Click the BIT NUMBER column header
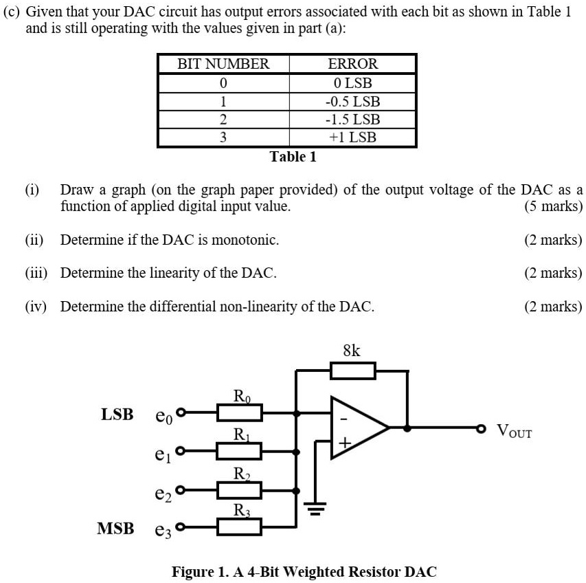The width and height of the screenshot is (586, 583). pyautogui.click(x=223, y=65)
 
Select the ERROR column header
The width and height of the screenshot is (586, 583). pyautogui.click(x=352, y=65)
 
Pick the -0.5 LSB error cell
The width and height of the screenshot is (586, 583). pyautogui.click(x=352, y=101)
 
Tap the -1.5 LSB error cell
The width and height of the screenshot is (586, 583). pyautogui.click(x=352, y=119)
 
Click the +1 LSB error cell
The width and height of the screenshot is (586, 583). pyautogui.click(x=352, y=137)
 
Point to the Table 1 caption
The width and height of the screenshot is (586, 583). pyautogui.click(x=293, y=157)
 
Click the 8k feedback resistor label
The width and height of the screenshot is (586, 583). pyautogui.click(x=351, y=351)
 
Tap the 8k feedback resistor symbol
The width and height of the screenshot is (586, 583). pyautogui.click(x=353, y=372)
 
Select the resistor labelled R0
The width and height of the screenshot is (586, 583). pyautogui.click(x=239, y=412)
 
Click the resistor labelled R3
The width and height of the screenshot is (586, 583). pyautogui.click(x=239, y=527)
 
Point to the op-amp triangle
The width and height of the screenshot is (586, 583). pyautogui.click(x=357, y=427)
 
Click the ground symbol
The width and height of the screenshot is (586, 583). pyautogui.click(x=315, y=509)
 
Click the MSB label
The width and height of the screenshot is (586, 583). pyautogui.click(x=115, y=529)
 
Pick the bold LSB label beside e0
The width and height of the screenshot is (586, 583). pyautogui.click(x=117, y=415)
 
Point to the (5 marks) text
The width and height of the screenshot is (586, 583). pyautogui.click(x=552, y=206)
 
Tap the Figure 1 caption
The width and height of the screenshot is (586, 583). pyautogui.click(x=304, y=571)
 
